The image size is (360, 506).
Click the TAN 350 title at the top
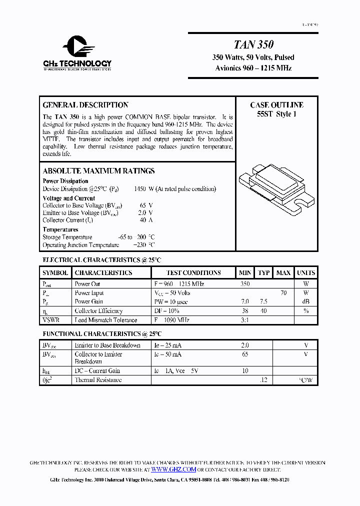tap(253, 44)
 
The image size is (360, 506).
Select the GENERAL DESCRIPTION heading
tap(85, 105)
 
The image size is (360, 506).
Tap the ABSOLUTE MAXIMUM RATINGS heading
tap(98, 171)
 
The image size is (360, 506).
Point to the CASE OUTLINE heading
tap(276, 105)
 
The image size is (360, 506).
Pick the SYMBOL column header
tap(55, 272)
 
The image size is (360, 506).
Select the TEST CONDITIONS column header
tap(193, 272)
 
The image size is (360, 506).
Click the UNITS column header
tap(305, 272)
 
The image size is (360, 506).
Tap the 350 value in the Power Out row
tap(244, 284)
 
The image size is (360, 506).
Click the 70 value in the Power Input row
tap(283, 293)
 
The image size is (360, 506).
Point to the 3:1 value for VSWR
tap(244, 320)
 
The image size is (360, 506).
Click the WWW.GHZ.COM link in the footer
tap(173, 469)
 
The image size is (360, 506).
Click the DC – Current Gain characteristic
tap(97, 371)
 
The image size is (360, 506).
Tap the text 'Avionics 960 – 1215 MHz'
tap(253, 68)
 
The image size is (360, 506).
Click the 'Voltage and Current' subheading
tap(68, 198)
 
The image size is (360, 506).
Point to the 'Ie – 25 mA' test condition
tap(167, 345)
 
